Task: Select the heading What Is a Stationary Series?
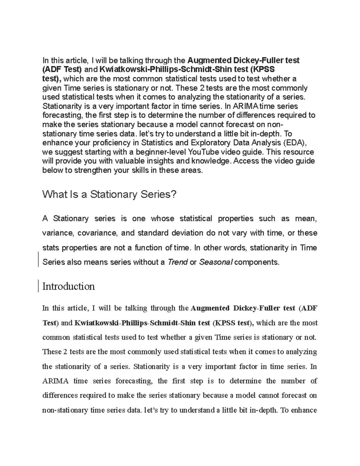[109, 194]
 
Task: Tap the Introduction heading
[69, 286]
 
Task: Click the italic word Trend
[178, 262]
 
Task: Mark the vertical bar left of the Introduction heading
[39, 286]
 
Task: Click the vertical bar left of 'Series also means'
[39, 259]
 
